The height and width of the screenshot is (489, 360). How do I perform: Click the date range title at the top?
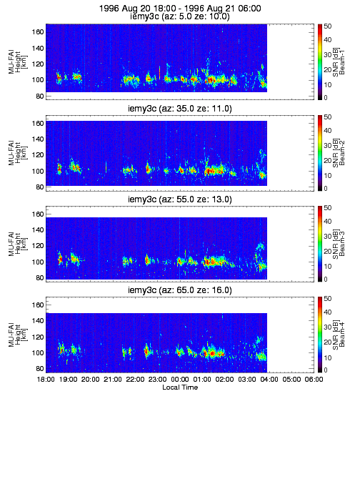(x=180, y=8)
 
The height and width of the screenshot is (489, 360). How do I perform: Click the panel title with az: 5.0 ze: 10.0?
(x=180, y=16)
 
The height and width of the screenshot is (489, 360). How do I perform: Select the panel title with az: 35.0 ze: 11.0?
(x=180, y=109)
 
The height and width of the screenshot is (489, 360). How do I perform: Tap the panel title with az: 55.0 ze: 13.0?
(x=180, y=199)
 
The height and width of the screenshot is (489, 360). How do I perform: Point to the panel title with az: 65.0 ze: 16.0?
(x=180, y=290)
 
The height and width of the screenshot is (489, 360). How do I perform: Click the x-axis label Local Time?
(x=180, y=387)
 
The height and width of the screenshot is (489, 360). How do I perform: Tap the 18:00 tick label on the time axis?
(x=46, y=380)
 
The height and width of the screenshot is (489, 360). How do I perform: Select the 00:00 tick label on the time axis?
(x=180, y=380)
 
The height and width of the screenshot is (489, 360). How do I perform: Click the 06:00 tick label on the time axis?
(x=314, y=380)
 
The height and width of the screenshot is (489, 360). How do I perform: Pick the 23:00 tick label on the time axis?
(x=157, y=380)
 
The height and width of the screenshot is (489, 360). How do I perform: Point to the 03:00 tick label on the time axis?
(x=247, y=380)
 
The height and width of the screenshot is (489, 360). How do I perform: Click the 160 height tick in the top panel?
(x=38, y=32)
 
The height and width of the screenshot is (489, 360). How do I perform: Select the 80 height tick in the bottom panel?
(x=40, y=369)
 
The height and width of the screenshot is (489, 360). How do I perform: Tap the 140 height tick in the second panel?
(x=38, y=139)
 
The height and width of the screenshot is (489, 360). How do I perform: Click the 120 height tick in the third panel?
(x=38, y=246)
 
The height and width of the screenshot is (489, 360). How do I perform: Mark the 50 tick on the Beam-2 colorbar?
(x=327, y=117)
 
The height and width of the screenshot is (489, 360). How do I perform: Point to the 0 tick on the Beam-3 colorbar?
(x=326, y=279)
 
